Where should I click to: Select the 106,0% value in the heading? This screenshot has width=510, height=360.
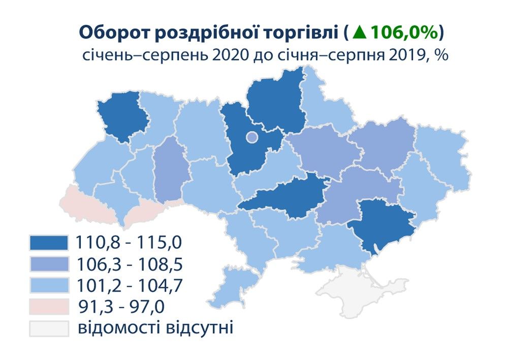click(403, 32)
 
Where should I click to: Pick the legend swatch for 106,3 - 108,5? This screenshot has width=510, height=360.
click(49, 264)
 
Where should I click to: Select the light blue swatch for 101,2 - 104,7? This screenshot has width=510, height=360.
click(49, 286)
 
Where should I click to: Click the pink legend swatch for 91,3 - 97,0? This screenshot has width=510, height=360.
click(49, 307)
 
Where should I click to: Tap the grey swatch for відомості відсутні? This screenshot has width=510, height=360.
click(49, 329)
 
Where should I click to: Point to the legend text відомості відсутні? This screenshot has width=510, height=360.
click(155, 328)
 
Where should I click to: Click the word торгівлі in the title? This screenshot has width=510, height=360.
click(300, 32)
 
